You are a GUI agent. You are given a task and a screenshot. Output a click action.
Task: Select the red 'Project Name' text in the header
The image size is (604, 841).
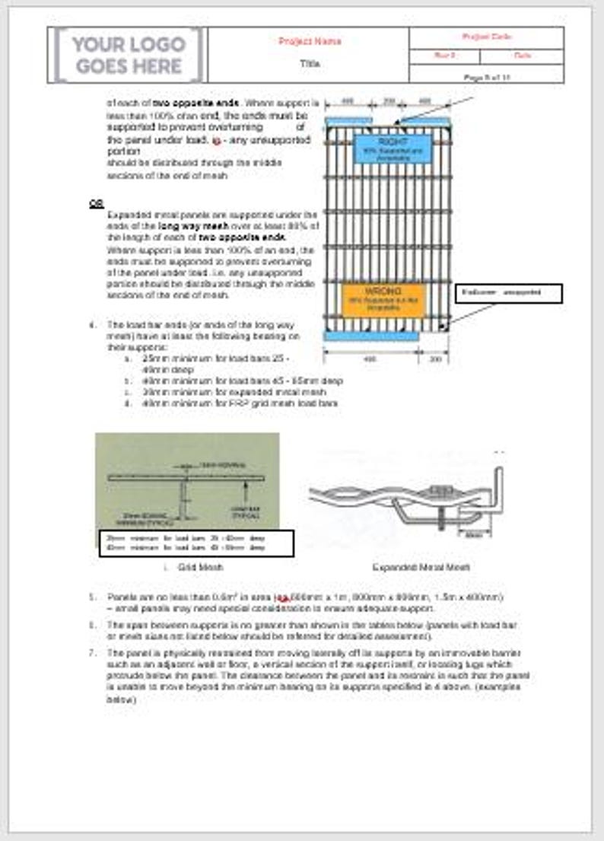(310, 41)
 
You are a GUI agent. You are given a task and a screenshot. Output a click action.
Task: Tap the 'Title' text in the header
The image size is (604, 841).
(310, 64)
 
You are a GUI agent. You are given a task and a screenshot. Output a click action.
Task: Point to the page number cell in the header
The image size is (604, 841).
(486, 77)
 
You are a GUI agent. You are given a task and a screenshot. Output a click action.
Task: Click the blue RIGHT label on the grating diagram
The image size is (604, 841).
(392, 148)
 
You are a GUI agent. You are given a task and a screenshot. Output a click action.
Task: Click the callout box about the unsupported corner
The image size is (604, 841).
(509, 293)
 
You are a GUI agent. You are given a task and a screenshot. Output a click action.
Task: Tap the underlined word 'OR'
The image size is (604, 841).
(96, 204)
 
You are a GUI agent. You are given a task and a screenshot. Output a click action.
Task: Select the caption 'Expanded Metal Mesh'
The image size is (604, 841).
(421, 567)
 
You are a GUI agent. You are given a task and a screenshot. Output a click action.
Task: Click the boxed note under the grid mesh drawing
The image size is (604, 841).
(196, 543)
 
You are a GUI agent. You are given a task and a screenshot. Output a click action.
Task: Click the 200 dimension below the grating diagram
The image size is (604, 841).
(434, 358)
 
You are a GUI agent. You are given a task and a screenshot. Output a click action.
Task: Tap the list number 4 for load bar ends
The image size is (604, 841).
(92, 325)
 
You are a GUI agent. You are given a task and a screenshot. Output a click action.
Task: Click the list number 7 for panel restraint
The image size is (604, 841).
(92, 653)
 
